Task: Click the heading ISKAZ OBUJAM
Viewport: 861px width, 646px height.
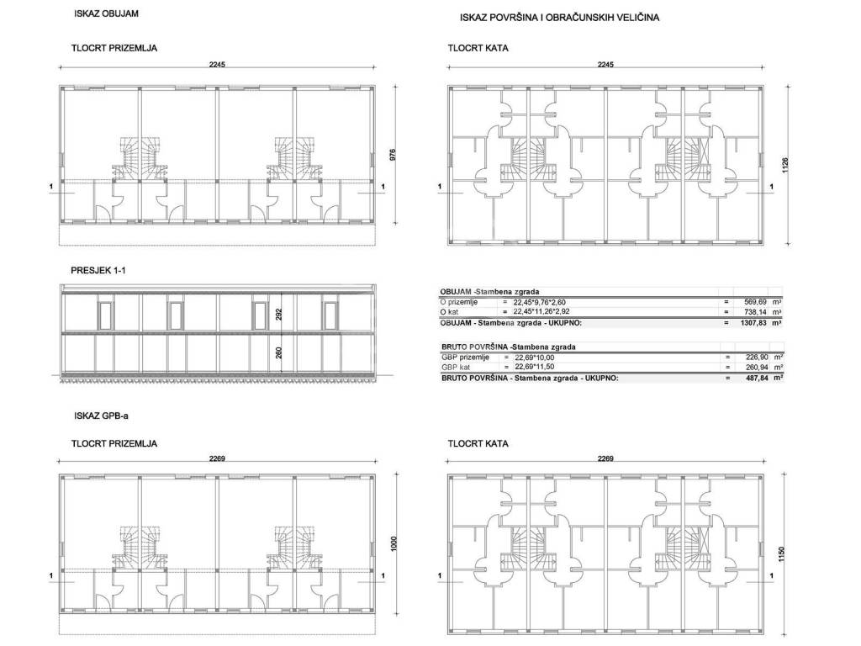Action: [106, 13]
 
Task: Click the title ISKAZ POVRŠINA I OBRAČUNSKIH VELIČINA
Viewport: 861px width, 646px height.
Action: [559, 18]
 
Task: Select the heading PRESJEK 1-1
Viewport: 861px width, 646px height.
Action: [98, 270]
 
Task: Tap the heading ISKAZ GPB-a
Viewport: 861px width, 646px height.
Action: [101, 416]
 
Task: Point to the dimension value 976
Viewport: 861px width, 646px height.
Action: [393, 155]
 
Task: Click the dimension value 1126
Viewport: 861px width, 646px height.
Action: [785, 166]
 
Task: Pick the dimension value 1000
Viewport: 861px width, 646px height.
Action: [394, 544]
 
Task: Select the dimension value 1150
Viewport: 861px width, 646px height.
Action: [781, 553]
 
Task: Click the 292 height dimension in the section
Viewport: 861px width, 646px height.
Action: [279, 315]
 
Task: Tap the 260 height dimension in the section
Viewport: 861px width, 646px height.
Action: [279, 352]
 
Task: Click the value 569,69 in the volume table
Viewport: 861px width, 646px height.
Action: [755, 302]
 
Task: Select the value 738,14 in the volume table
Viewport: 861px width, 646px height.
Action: [755, 312]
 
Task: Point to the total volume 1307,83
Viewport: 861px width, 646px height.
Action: [753, 323]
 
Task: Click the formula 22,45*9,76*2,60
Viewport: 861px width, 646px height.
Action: [539, 302]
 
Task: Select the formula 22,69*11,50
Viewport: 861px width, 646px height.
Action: [534, 367]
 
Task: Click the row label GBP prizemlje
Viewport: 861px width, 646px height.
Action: [465, 357]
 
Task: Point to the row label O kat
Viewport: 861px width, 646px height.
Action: [449, 312]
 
